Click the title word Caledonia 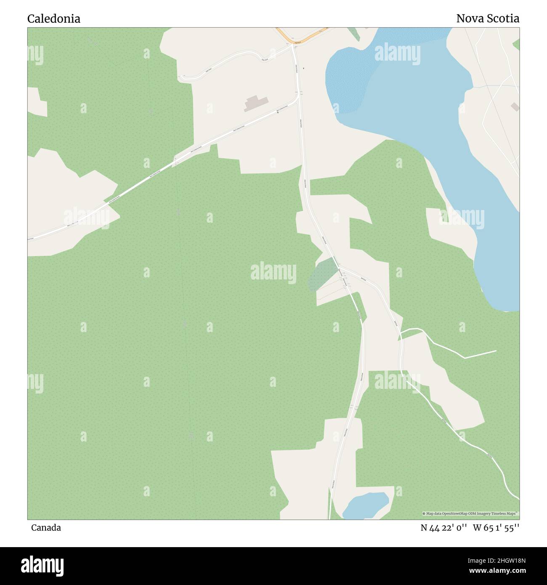click(54, 19)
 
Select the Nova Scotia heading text click(488, 19)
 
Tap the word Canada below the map click(46, 528)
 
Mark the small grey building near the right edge click(515, 107)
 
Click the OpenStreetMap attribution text click(470, 513)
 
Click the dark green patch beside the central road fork click(323, 275)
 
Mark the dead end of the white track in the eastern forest click(496, 350)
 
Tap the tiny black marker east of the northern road click(303, 68)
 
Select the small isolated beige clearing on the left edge click(37, 102)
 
